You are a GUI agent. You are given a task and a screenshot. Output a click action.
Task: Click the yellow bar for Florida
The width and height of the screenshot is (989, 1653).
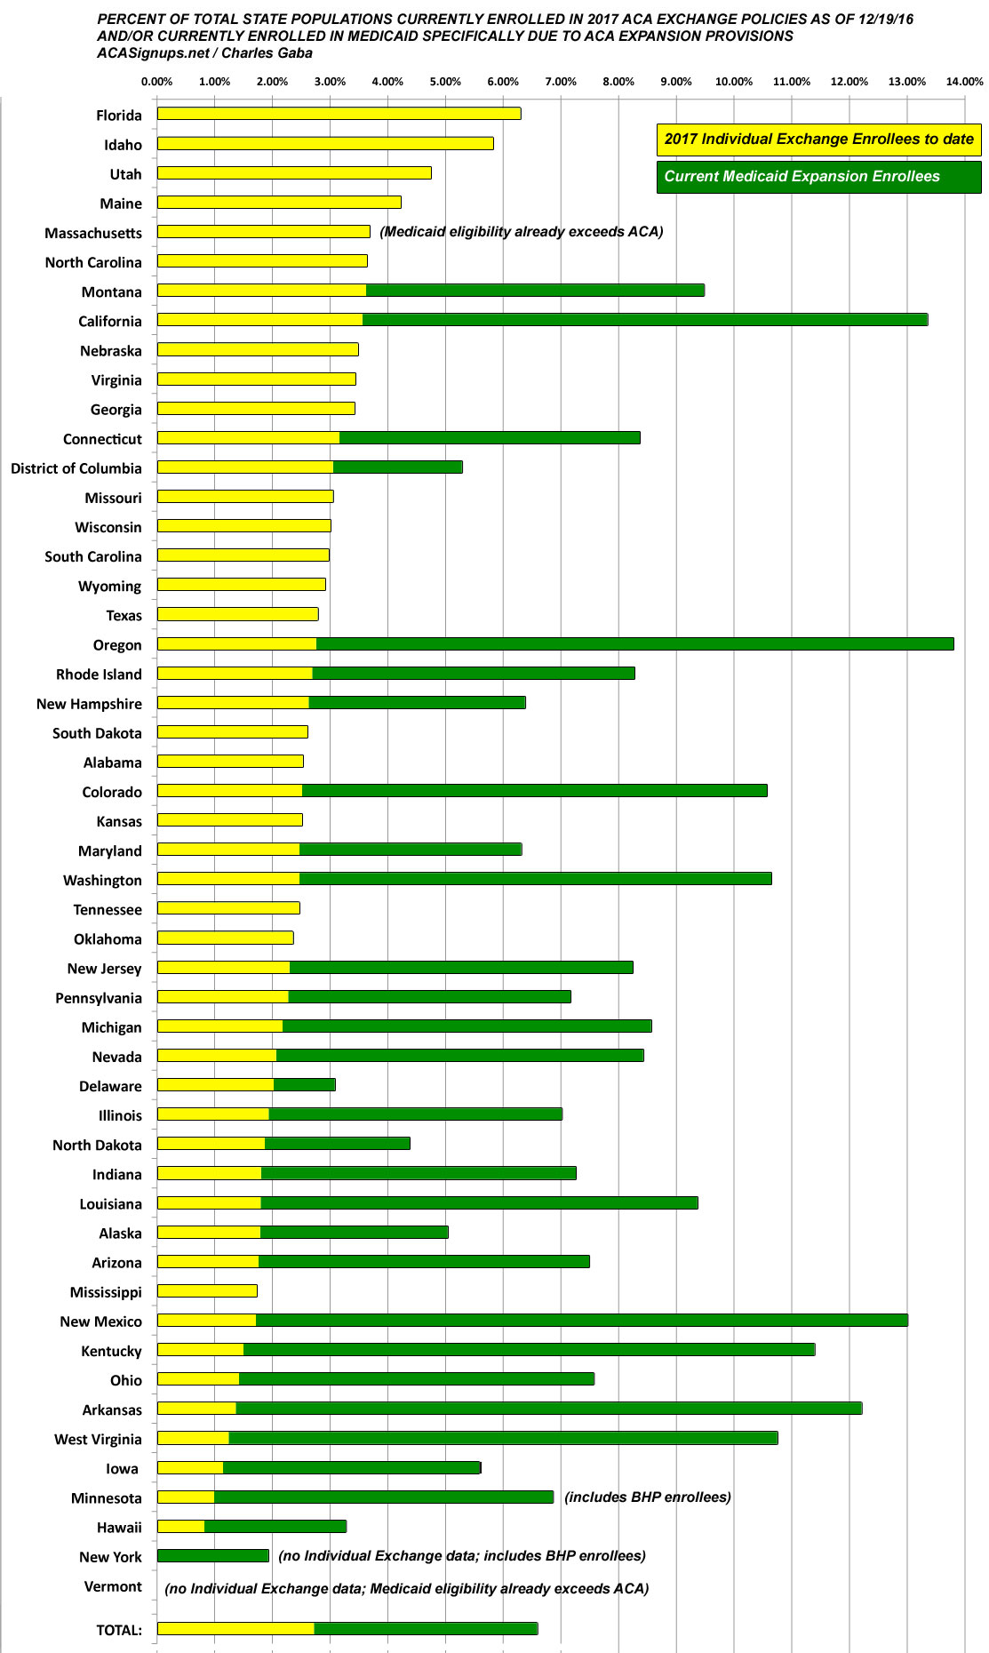click(x=339, y=114)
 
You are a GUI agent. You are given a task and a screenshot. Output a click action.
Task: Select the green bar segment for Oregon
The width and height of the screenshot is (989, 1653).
click(x=634, y=644)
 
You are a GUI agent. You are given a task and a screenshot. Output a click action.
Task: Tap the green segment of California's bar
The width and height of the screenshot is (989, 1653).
click(x=644, y=320)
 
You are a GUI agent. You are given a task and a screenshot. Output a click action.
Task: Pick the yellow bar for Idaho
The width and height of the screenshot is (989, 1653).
click(x=325, y=143)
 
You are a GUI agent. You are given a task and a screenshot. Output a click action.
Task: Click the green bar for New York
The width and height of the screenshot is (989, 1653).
click(x=212, y=1556)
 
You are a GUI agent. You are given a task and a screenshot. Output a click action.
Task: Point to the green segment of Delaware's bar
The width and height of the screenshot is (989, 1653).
click(x=304, y=1085)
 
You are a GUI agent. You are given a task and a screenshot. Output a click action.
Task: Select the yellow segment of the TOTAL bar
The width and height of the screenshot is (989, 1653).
click(x=235, y=1629)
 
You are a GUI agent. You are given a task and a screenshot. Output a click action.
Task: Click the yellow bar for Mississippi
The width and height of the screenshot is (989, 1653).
click(x=207, y=1291)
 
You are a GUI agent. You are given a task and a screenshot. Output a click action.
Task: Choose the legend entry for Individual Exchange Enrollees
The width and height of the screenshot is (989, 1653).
click(x=818, y=139)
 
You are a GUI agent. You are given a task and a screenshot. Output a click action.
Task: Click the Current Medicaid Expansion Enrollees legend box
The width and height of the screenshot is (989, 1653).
click(x=818, y=176)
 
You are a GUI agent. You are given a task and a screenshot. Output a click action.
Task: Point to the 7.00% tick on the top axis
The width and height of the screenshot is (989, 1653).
click(x=561, y=82)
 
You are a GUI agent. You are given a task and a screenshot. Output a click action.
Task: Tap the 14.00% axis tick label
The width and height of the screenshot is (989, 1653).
click(x=964, y=82)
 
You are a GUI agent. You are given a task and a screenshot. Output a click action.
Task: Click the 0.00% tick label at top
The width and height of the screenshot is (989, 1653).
click(x=157, y=82)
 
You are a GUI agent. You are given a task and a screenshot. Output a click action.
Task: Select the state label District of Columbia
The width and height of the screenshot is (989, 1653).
click(x=76, y=468)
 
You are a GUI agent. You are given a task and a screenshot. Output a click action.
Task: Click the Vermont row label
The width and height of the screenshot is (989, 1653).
click(x=113, y=1586)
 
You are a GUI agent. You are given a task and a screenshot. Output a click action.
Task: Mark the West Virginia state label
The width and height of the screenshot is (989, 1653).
click(x=98, y=1439)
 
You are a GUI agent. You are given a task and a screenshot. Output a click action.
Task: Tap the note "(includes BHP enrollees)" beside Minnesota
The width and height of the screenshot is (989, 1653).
click(x=648, y=1497)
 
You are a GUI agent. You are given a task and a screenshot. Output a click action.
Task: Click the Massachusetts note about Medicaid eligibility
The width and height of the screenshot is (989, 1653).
click(x=522, y=232)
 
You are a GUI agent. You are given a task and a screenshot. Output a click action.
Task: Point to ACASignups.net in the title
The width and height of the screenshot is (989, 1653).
click(x=153, y=52)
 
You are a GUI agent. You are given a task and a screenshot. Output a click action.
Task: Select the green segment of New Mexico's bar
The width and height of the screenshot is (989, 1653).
click(x=581, y=1321)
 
